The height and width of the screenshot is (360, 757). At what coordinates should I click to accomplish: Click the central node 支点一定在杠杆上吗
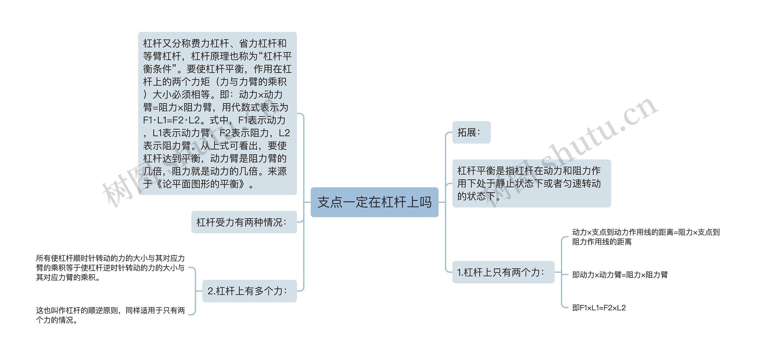coord(374,202)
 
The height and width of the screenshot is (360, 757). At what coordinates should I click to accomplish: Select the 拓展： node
coord(471,133)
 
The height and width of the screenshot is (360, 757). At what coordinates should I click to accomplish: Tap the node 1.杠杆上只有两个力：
coord(503,272)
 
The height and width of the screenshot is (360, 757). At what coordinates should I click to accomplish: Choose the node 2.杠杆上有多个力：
coord(249,291)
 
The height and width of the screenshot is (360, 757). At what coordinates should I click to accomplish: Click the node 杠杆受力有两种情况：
coord(244,222)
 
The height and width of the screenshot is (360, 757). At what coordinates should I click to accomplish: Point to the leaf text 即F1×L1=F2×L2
coord(599,308)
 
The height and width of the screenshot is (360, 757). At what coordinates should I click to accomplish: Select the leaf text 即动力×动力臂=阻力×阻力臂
coord(620,275)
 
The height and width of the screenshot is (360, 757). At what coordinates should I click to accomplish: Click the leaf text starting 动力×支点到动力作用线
coord(646,237)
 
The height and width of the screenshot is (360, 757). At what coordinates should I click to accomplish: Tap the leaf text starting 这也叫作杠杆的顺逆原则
coord(110,315)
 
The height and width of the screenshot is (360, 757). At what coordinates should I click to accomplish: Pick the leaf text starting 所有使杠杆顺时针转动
coord(110,268)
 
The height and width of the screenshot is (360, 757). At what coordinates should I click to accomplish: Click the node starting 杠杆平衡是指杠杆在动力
coord(531,183)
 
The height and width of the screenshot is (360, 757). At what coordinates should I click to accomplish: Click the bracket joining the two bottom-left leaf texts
coord(195,291)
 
